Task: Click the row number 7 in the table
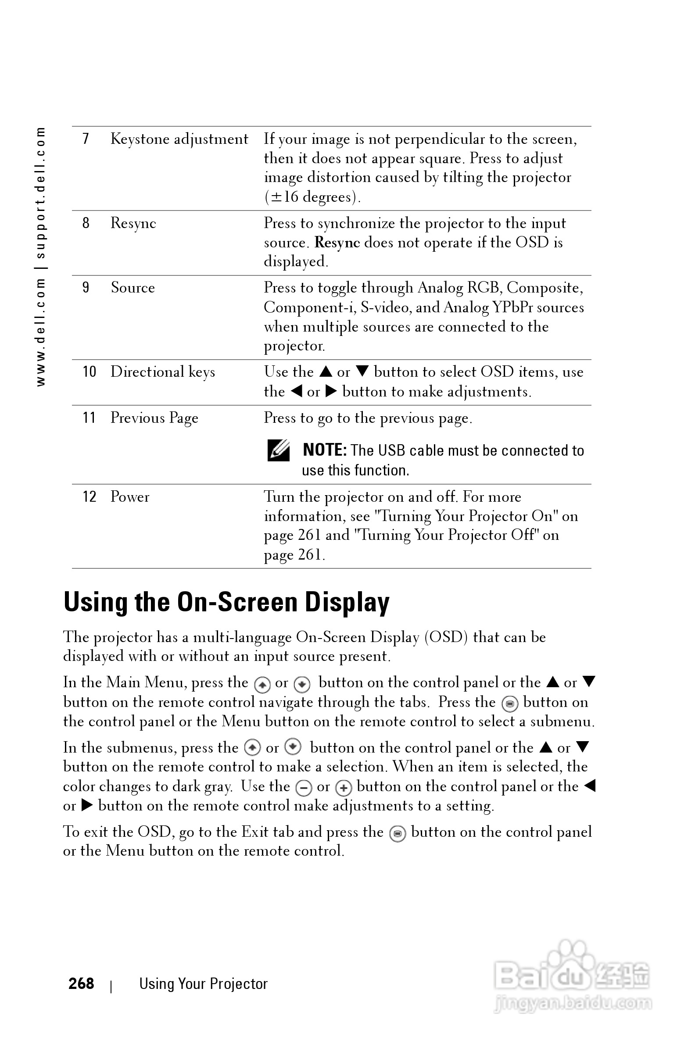[86, 139]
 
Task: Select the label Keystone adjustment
[179, 139]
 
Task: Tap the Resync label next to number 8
[133, 223]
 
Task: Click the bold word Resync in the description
[337, 243]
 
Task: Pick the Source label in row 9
[133, 288]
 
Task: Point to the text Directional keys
[163, 372]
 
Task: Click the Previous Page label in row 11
[154, 418]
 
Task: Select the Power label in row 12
[130, 496]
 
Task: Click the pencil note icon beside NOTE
[278, 450]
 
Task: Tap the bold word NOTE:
[324, 450]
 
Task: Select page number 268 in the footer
[81, 984]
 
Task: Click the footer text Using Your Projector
[204, 984]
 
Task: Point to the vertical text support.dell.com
[40, 193]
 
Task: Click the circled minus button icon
[304, 788]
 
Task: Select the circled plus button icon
[344, 788]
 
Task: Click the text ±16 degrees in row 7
[312, 197]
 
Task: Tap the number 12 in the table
[89, 496]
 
